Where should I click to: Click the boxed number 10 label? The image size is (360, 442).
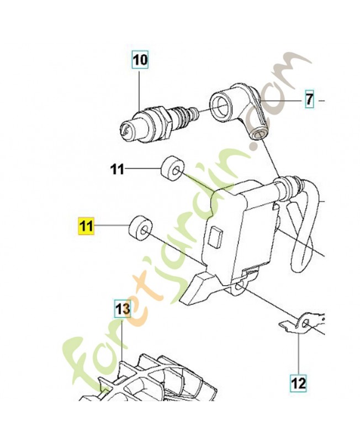(x=140, y=59)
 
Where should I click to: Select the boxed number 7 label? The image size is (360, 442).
(x=309, y=100)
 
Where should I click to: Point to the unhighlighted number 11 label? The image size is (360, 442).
(x=117, y=170)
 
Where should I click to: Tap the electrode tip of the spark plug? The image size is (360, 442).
(x=127, y=130)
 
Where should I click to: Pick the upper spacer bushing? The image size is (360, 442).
(x=172, y=169)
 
